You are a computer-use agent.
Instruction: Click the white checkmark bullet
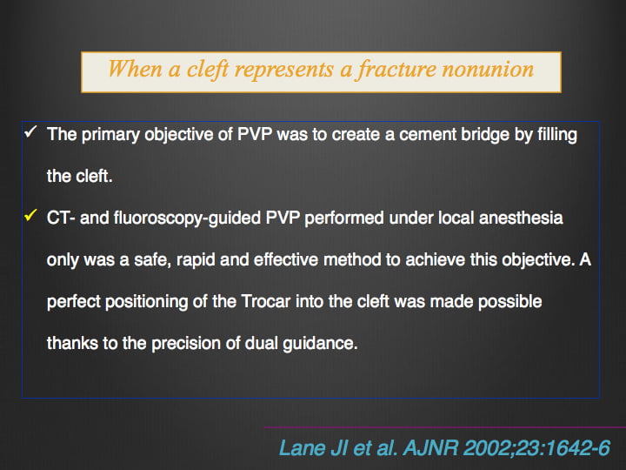point(30,131)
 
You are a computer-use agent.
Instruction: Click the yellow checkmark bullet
point(30,215)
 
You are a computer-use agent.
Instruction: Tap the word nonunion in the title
point(488,69)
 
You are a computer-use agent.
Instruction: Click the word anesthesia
point(521,218)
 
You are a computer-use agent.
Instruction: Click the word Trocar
point(266,301)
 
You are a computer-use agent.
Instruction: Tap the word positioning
point(146,302)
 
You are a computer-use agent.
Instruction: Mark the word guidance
point(320,344)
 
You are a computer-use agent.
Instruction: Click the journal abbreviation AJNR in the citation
point(430,447)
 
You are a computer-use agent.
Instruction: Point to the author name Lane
point(303,447)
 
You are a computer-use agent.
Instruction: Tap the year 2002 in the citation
point(487,447)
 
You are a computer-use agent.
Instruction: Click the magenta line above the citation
point(445,427)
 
